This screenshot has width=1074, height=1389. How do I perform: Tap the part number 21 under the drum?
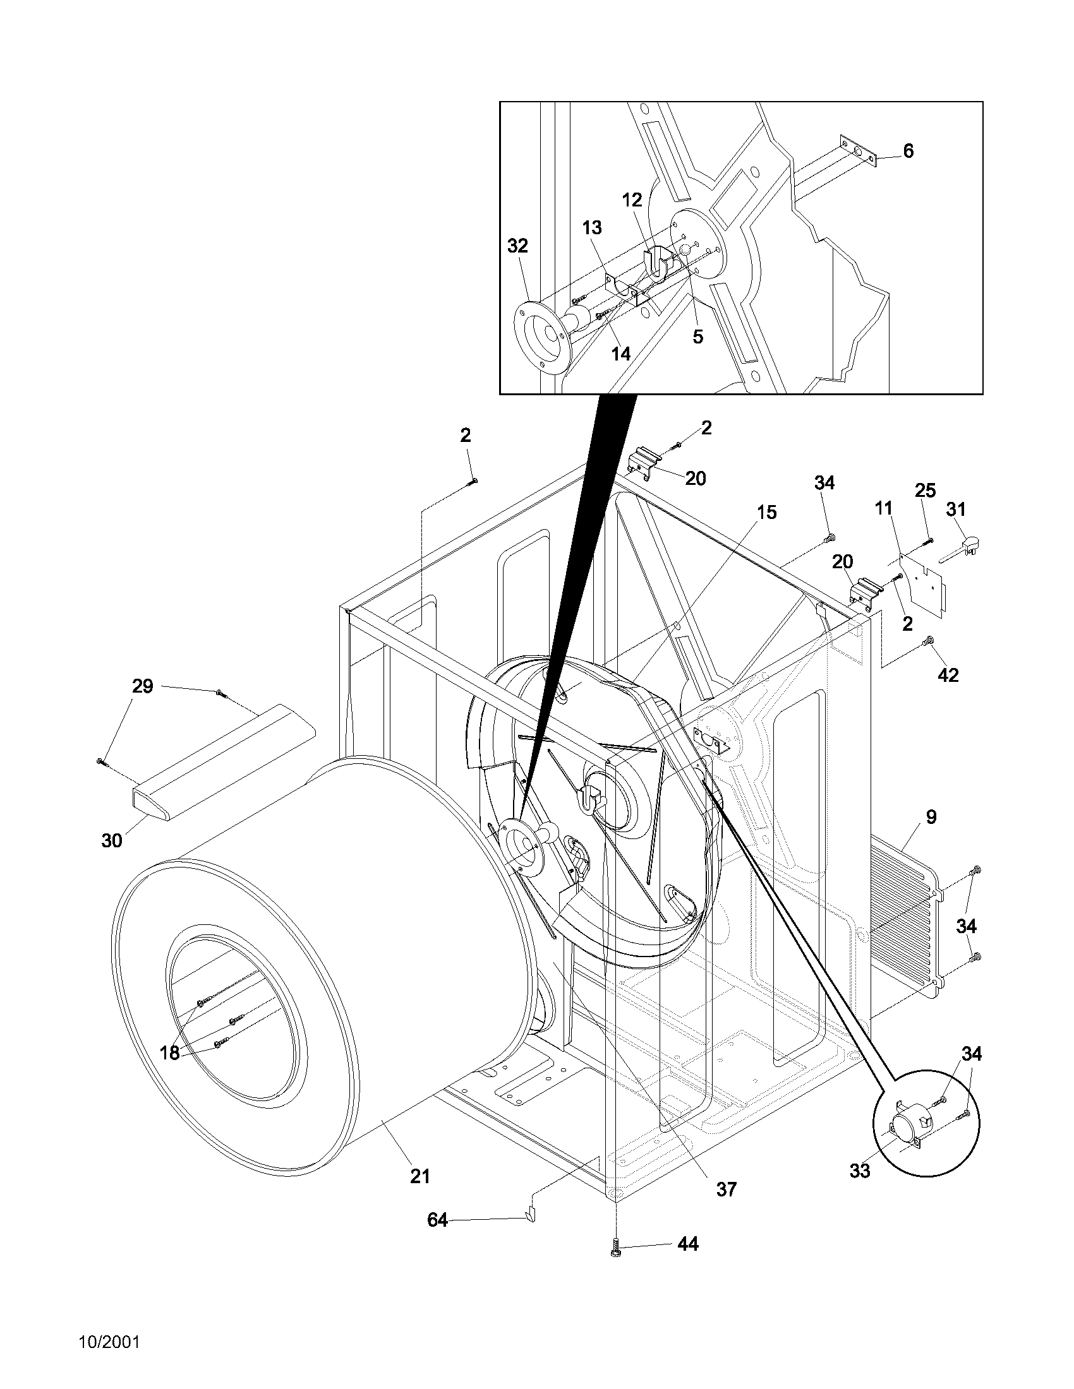[x=420, y=1176]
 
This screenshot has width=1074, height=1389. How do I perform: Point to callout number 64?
[x=437, y=1220]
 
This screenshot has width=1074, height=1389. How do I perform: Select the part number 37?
[x=726, y=1189]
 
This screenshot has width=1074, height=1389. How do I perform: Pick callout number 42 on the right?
[x=948, y=675]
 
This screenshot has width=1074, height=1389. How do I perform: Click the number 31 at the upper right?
[x=956, y=509]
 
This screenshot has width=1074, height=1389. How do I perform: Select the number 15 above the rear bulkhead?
[x=768, y=512]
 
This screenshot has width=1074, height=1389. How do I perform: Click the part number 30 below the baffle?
[x=112, y=840]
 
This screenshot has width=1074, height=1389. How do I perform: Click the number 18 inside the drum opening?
[x=170, y=1052]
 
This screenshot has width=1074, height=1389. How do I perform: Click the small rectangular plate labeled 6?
[x=859, y=151]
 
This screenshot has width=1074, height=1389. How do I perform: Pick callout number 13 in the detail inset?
[x=592, y=227]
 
